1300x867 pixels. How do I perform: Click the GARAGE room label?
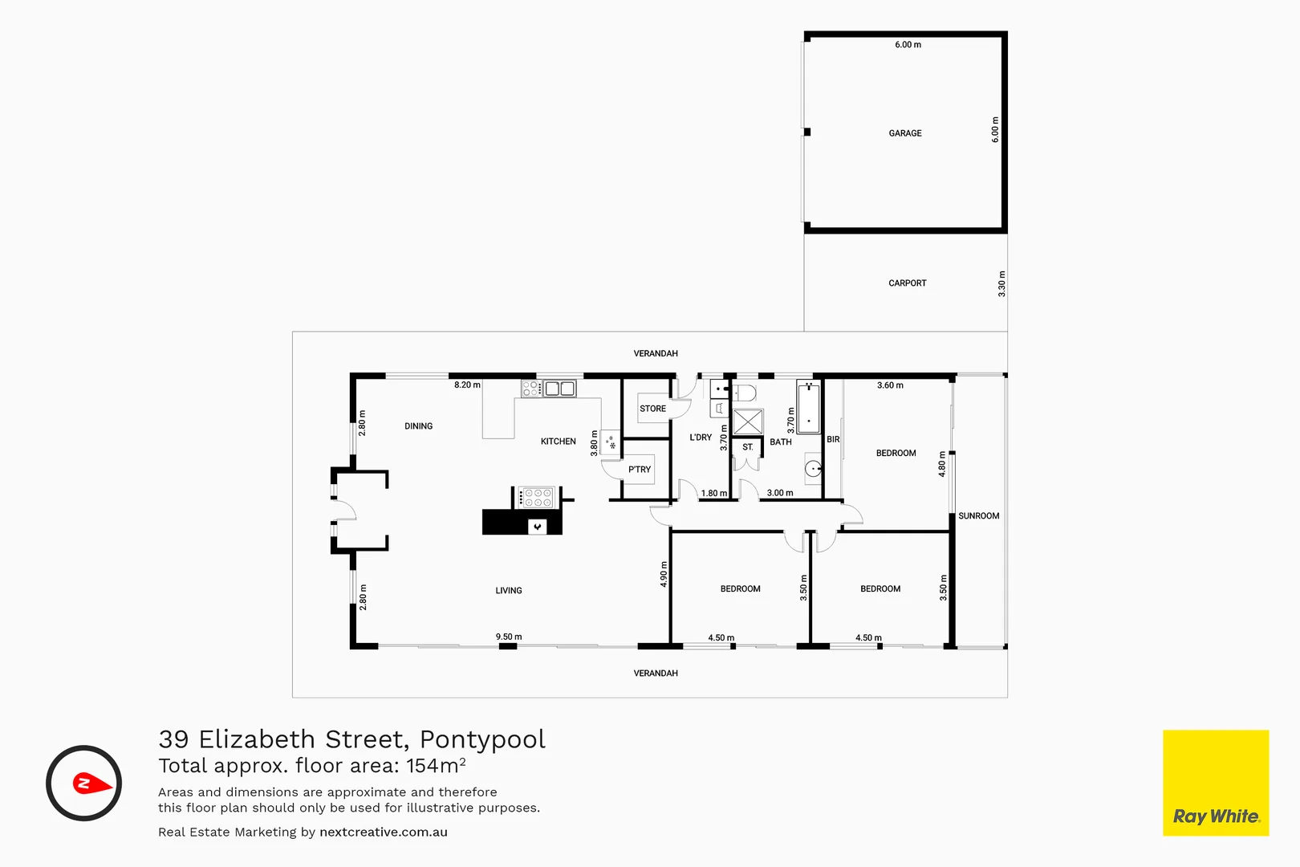[905, 133]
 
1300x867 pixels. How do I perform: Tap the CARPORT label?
[907, 283]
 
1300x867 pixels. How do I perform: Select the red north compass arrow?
[91, 783]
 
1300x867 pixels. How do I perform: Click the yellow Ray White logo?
[1215, 783]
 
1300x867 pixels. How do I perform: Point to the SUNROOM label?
[978, 516]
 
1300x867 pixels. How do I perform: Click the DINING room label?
[418, 426]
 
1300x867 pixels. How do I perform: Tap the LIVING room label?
[509, 591]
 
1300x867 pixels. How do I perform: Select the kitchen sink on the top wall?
[560, 389]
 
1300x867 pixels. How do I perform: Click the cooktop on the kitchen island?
[536, 498]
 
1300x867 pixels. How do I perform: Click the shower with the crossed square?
[747, 422]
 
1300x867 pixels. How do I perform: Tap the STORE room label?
[652, 409]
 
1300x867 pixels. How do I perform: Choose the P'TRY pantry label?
[640, 470]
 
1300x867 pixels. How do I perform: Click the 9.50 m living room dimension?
[509, 637]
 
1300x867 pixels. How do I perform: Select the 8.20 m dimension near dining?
[467, 385]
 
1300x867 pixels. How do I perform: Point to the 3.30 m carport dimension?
[1001, 284]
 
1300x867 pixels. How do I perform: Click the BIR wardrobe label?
[833, 440]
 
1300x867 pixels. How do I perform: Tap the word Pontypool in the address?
[482, 739]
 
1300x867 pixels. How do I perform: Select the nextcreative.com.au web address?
[384, 832]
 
